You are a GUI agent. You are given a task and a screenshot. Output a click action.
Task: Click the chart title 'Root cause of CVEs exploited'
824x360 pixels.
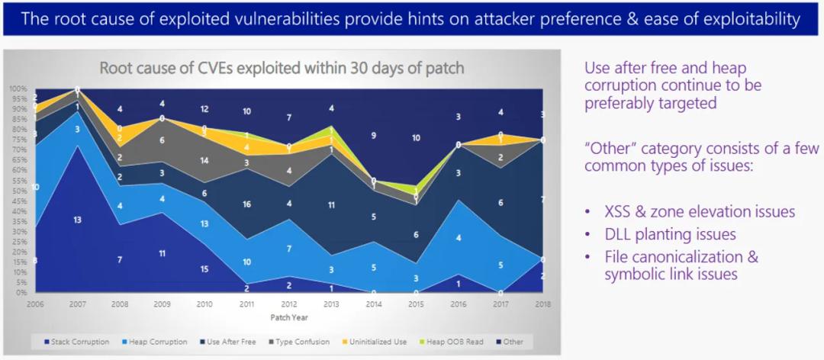tap(282, 68)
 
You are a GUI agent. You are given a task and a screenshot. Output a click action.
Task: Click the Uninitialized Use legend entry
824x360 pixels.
tap(369, 342)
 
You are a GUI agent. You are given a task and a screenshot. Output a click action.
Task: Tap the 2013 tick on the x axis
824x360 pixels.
tap(330, 303)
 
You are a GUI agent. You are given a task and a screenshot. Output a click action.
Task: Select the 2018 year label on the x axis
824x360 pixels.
tap(542, 303)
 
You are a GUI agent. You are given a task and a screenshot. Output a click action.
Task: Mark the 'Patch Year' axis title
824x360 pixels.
tap(288, 315)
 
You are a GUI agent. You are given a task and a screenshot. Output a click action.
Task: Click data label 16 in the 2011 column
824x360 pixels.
tap(246, 204)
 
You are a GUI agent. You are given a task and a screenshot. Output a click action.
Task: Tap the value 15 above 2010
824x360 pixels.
tap(203, 268)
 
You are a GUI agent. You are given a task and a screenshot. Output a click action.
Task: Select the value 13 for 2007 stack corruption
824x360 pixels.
tap(76, 220)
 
